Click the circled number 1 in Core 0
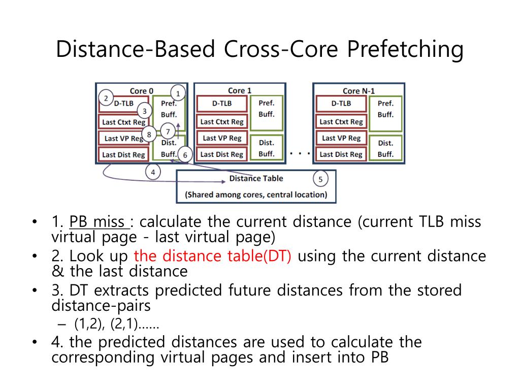coord(178,93)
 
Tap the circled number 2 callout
coord(106,98)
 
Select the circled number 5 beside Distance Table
coord(320,179)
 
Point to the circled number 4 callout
coord(153,172)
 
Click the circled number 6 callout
coord(185,155)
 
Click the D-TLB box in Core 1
coord(221,104)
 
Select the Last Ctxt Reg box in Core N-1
coord(341,122)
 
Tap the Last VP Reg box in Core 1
coord(221,138)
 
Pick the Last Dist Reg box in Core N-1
coord(341,154)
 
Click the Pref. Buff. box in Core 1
coord(267,108)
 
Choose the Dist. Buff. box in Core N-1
coord(385,148)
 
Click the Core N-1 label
coord(358,91)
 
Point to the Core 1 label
coord(240,90)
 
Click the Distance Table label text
coord(256,178)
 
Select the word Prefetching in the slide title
coord(405,50)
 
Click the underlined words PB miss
coord(99,222)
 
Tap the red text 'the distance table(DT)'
coord(212,256)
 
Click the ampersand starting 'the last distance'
coord(58,272)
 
